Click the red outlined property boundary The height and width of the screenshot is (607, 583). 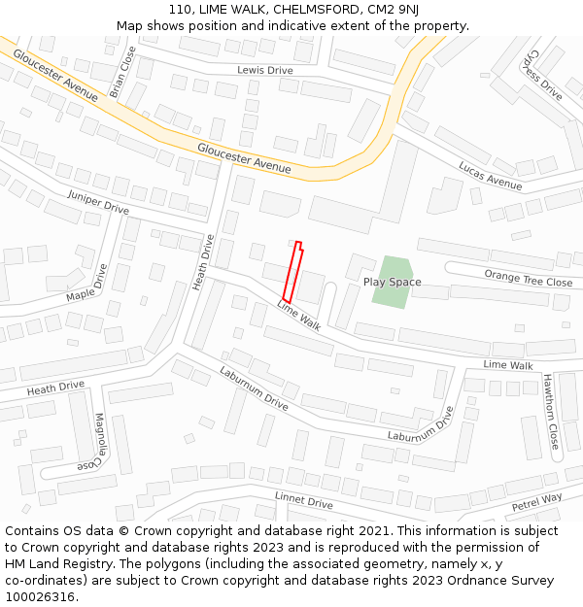coord(291,271)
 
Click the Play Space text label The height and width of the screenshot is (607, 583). coord(393,282)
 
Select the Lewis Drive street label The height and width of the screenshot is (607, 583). coord(264,70)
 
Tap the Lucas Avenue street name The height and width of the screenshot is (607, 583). coord(490,175)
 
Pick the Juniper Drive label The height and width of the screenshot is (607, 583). coord(98,202)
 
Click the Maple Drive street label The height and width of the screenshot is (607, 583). coord(87,282)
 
